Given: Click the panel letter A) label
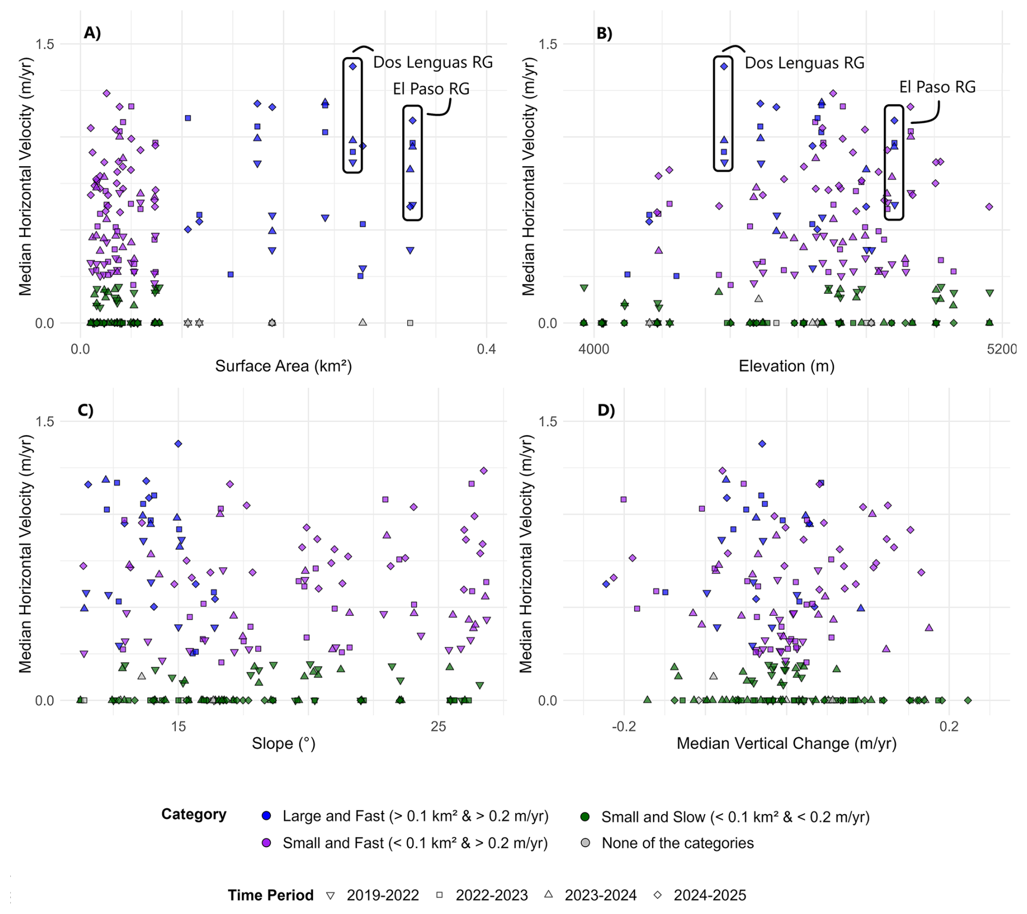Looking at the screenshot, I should [92, 33].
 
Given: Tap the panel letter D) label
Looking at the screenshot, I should [606, 411].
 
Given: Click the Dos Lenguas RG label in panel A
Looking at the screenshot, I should [433, 62].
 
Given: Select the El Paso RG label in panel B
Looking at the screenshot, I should [937, 87].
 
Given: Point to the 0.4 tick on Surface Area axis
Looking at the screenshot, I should [486, 349].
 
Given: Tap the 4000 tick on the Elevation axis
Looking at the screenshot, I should [594, 349].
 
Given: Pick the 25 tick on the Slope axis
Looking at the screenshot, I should [439, 727].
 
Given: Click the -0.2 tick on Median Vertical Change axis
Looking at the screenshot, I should [624, 727].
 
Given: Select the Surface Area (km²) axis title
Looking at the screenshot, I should [283, 366].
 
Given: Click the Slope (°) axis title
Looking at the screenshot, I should [283, 743].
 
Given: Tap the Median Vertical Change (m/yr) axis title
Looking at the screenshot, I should [786, 743].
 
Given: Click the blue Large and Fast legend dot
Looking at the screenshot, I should [267, 816].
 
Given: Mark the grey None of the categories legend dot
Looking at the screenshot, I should [585, 843].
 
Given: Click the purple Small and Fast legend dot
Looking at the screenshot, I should [267, 843].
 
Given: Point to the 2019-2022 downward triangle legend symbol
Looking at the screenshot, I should [330, 896].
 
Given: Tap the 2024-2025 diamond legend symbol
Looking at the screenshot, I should [657, 894].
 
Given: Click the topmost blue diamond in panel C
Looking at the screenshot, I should [178, 444].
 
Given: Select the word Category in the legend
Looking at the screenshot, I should [194, 815].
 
